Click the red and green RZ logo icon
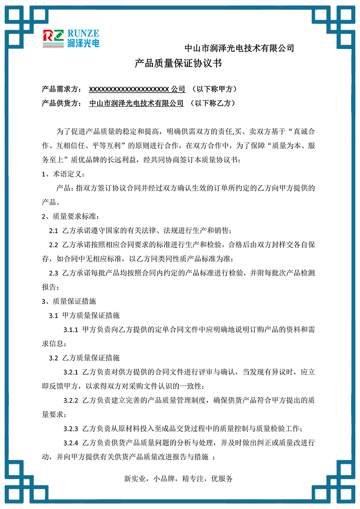coord(54,38)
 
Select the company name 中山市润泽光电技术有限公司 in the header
coord(239,48)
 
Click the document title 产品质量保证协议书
coord(179,64)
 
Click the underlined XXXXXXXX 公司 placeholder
coord(137,89)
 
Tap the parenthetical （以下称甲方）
coord(214,89)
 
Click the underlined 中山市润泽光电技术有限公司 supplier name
coord(136,103)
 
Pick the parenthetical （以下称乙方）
coord(213,103)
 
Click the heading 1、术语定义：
coord(63,174)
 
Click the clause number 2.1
coord(54,231)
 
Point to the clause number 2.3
coord(54,273)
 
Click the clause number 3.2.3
coord(71,428)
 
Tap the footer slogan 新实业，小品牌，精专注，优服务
coord(179,479)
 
